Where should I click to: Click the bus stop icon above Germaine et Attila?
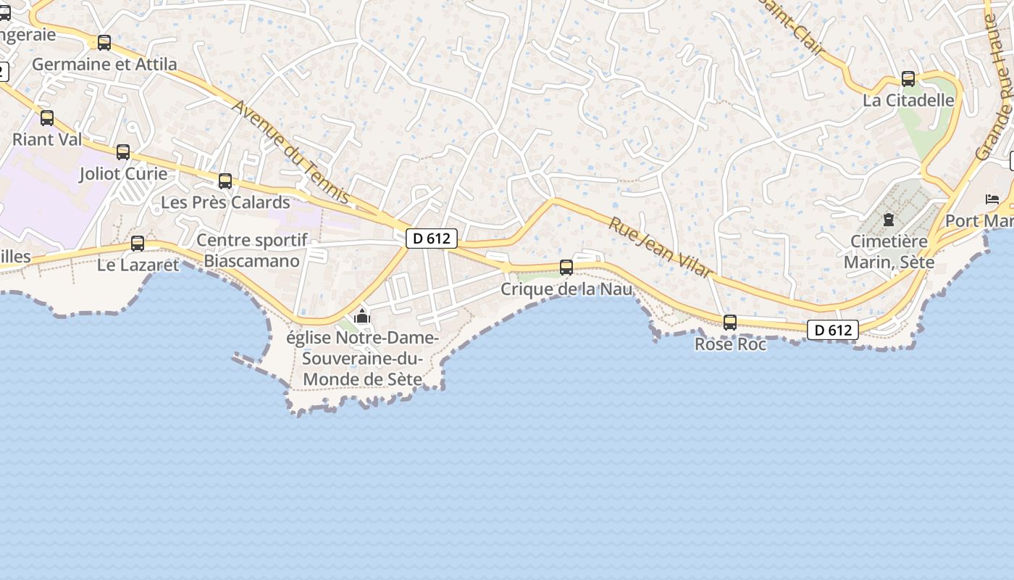(104, 43)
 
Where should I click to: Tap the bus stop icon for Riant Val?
(47, 117)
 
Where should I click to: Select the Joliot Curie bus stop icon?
(123, 152)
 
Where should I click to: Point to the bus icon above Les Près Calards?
(225, 181)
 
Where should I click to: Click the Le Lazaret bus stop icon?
(138, 244)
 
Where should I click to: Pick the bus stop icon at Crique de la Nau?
(566, 268)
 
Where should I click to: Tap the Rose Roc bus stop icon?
(730, 323)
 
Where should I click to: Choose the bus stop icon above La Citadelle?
(908, 79)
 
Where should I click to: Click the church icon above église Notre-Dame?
(362, 317)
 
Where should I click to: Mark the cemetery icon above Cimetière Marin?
(889, 220)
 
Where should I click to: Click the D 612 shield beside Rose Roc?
(833, 331)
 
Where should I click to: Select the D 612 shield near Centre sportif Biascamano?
(432, 239)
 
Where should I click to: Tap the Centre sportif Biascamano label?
(252, 250)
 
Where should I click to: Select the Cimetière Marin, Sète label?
(889, 251)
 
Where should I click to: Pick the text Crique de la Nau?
(566, 289)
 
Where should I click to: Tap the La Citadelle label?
(908, 100)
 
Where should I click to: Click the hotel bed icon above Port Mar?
(992, 199)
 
